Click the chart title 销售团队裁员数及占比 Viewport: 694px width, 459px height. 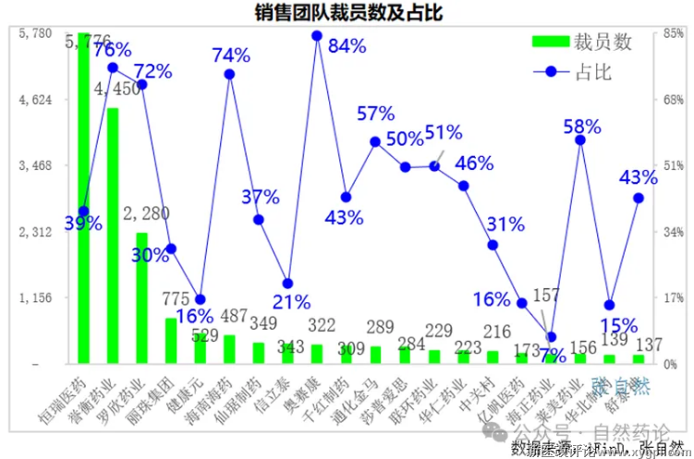click(x=347, y=13)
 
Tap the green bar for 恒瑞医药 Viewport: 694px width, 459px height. click(x=83, y=199)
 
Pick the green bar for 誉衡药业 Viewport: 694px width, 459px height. click(x=113, y=236)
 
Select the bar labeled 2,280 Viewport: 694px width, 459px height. click(x=142, y=297)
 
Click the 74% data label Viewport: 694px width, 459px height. click(x=231, y=55)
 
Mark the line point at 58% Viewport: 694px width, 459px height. click(x=580, y=139)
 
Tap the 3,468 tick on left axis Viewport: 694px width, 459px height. click(x=37, y=166)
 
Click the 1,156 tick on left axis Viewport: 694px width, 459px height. click(x=37, y=298)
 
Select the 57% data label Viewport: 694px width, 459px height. click(x=376, y=114)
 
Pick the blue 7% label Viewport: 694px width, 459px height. click(x=552, y=355)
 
